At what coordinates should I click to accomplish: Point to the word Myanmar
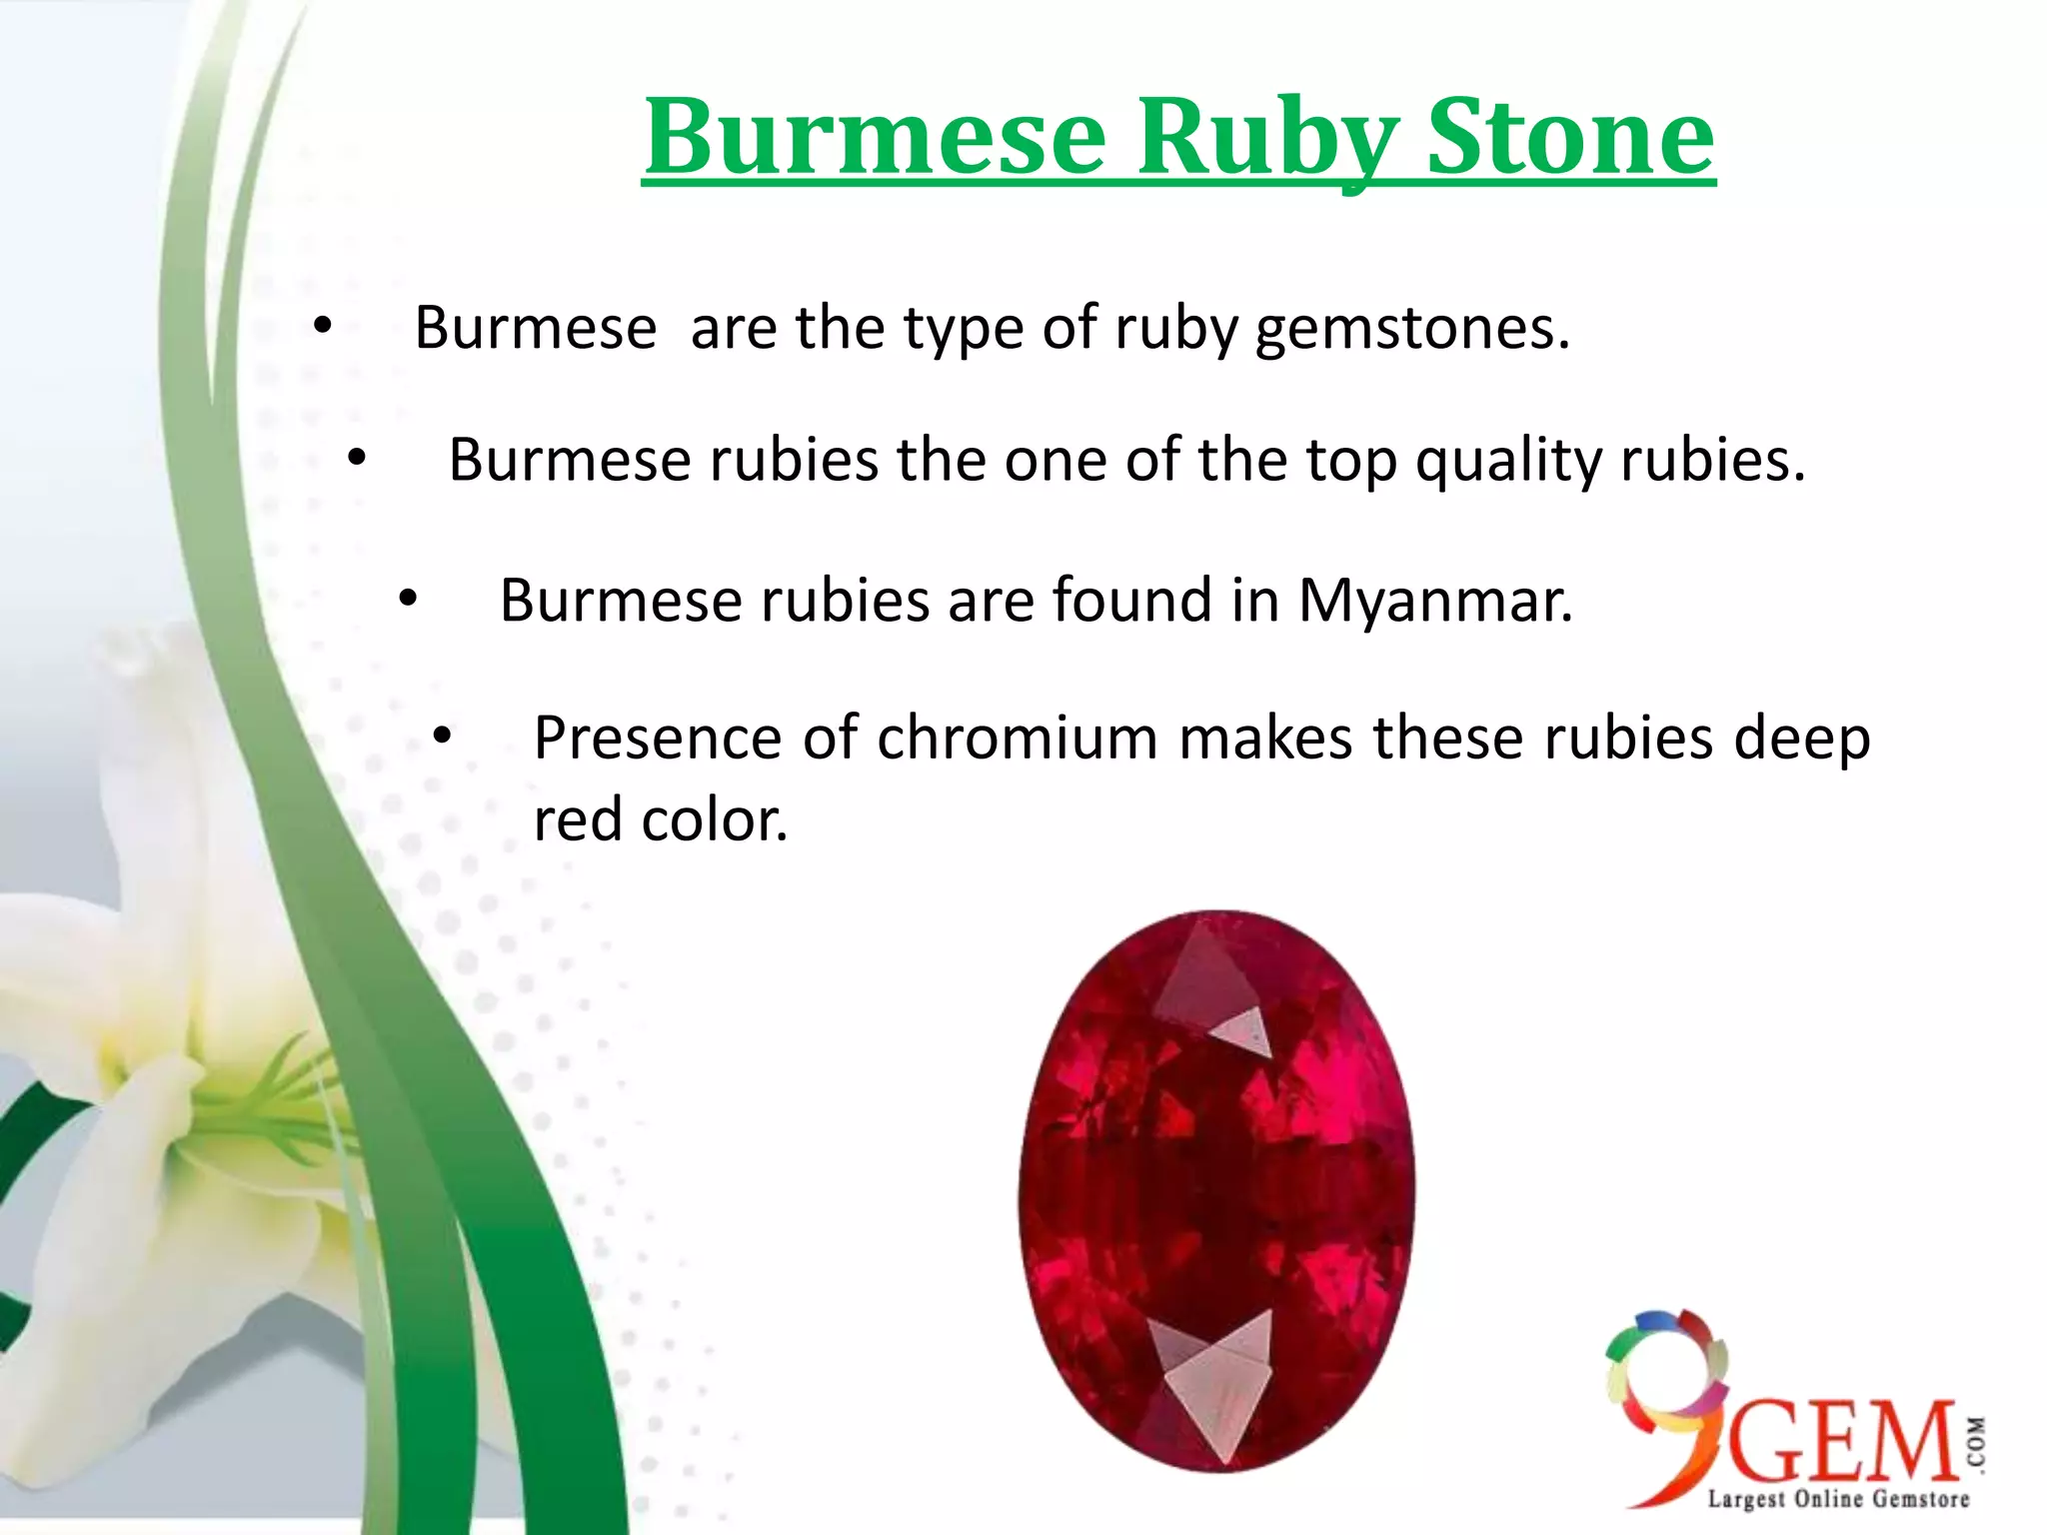(1435, 601)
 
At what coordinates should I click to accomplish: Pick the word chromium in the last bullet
(1017, 739)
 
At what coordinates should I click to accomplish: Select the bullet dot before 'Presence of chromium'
(443, 738)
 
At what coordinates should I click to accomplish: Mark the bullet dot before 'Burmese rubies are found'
(407, 600)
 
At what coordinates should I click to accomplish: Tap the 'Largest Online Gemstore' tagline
(1837, 1499)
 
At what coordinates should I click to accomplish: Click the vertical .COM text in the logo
(1976, 1443)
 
